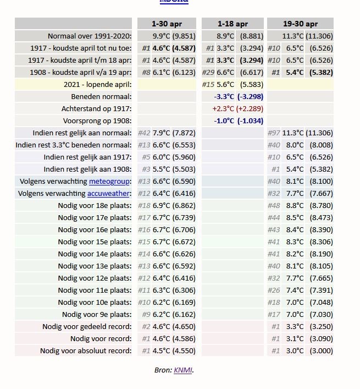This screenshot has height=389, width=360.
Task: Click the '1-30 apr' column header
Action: [x=167, y=24]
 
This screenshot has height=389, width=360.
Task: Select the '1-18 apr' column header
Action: [x=232, y=24]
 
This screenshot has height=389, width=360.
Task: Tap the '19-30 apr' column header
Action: [x=300, y=24]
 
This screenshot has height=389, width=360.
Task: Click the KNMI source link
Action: [x=183, y=370]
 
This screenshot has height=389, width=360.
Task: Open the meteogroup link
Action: [x=109, y=182]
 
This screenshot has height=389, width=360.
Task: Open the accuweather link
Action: [x=108, y=194]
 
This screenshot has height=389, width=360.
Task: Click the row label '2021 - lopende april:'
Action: [x=98, y=85]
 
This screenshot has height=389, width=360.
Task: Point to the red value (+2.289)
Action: [x=250, y=108]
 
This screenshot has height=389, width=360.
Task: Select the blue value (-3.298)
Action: [x=250, y=96]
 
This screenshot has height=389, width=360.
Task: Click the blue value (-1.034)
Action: [x=250, y=121]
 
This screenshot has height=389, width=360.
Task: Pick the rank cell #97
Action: [x=274, y=133]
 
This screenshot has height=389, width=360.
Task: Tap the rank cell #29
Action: [x=208, y=73]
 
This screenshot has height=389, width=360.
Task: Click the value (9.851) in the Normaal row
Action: [x=184, y=36]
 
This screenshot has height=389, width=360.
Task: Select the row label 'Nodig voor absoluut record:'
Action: [x=86, y=351]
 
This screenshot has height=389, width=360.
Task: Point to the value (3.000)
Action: [x=321, y=351]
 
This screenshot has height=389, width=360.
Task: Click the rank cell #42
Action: [x=144, y=133]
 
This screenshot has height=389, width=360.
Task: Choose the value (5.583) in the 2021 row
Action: [x=252, y=85]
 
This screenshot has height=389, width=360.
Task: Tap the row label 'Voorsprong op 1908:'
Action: [x=97, y=121]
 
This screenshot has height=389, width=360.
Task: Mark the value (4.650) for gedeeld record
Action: [x=184, y=326]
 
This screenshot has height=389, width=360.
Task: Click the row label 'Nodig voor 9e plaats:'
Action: [x=97, y=314]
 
